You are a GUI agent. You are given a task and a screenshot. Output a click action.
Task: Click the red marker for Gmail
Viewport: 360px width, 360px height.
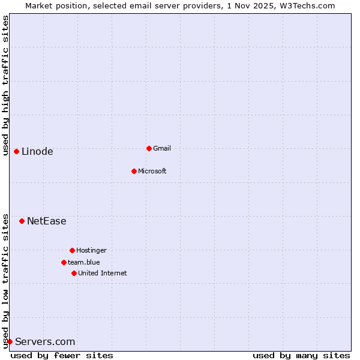click(149, 148)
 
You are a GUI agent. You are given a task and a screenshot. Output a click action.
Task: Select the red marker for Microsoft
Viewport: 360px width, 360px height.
click(134, 171)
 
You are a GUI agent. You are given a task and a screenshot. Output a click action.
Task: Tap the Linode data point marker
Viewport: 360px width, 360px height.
click(16, 151)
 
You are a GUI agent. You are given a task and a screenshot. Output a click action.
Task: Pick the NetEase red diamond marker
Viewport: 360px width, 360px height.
click(22, 221)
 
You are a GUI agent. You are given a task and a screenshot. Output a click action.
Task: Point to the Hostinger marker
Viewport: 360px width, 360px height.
click(72, 250)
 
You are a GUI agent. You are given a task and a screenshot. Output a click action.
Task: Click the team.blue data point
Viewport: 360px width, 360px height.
click(64, 262)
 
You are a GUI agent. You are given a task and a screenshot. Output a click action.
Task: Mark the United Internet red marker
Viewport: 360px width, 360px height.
click(74, 273)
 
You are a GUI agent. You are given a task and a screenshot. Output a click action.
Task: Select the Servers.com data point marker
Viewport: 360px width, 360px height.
click(10, 341)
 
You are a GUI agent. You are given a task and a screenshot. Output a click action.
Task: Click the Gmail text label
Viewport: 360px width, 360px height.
click(162, 148)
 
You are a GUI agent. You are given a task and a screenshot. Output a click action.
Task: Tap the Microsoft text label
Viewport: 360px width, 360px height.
click(152, 171)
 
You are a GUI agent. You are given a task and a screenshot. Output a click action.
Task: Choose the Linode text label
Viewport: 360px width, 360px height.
click(37, 151)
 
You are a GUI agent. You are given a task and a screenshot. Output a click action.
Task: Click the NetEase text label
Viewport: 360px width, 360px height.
click(47, 221)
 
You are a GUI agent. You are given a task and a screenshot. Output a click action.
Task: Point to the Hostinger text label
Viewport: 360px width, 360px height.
click(91, 250)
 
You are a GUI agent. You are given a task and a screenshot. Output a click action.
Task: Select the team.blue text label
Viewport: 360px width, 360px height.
click(84, 262)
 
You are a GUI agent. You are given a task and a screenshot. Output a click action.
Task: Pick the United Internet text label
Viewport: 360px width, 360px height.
click(103, 273)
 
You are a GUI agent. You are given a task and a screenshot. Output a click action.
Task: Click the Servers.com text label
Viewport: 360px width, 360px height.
click(45, 341)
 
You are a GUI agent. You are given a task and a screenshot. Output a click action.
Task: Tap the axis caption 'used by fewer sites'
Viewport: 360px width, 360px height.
click(62, 355)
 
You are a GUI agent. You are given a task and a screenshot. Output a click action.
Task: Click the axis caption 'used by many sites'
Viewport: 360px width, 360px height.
click(301, 355)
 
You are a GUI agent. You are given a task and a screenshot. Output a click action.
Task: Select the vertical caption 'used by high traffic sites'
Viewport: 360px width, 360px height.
click(5, 85)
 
